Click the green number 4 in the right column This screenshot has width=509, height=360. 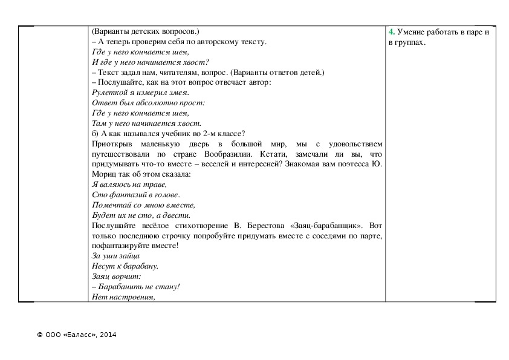pyautogui.click(x=391, y=31)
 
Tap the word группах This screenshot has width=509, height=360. pyautogui.click(x=409, y=42)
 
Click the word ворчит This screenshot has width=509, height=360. pyautogui.click(x=127, y=277)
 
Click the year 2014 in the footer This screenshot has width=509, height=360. pyautogui.click(x=108, y=335)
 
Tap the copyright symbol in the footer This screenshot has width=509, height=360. pyautogui.click(x=39, y=335)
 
